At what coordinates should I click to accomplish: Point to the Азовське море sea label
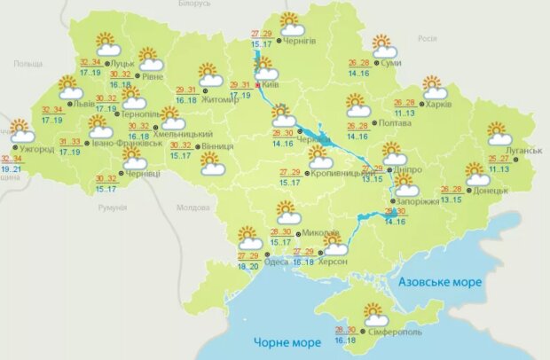tap(441, 281)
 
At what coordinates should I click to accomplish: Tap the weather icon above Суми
tap(383, 46)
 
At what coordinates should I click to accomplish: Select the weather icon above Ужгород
tap(21, 132)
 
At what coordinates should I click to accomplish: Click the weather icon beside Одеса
tap(250, 238)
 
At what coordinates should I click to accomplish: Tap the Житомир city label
tap(221, 100)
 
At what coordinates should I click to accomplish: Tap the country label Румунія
tap(113, 207)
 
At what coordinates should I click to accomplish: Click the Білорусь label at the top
tap(193, 4)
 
